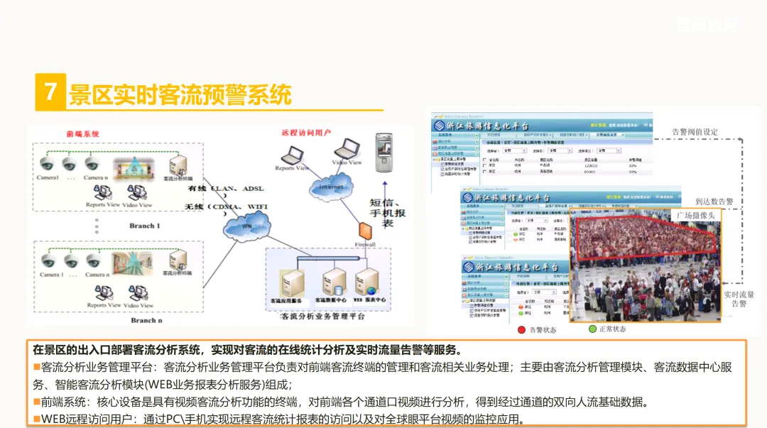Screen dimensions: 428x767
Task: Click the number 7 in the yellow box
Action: [50, 92]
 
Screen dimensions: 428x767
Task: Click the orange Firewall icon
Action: [365, 231]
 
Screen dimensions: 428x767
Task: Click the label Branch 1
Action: [145, 226]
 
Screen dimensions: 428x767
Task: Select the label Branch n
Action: [144, 320]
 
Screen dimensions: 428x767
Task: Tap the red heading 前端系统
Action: [82, 133]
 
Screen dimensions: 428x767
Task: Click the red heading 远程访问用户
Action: [306, 133]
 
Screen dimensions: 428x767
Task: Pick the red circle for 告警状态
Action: [522, 329]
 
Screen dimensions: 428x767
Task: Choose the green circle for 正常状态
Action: [592, 329]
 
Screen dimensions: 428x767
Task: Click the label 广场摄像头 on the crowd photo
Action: [695, 215]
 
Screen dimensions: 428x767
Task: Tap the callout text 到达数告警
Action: [714, 202]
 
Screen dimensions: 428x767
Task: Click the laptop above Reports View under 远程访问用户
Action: [292, 155]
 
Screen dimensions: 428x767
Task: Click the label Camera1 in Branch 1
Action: [48, 177]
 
